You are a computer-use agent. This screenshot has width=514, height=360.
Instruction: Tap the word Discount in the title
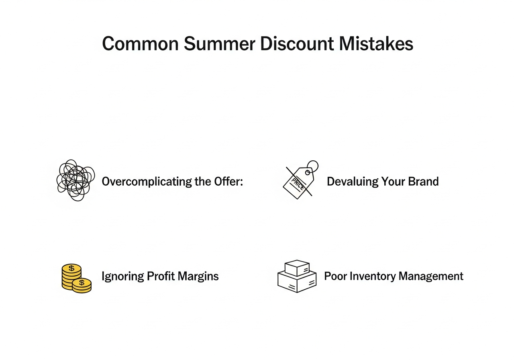point(297,43)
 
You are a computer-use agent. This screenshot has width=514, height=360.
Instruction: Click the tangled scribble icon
point(75,180)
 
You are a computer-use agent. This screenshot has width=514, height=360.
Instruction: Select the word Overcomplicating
point(147,182)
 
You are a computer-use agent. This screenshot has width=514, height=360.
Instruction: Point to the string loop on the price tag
point(312,166)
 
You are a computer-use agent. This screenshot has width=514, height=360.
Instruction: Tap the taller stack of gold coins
point(71,275)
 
